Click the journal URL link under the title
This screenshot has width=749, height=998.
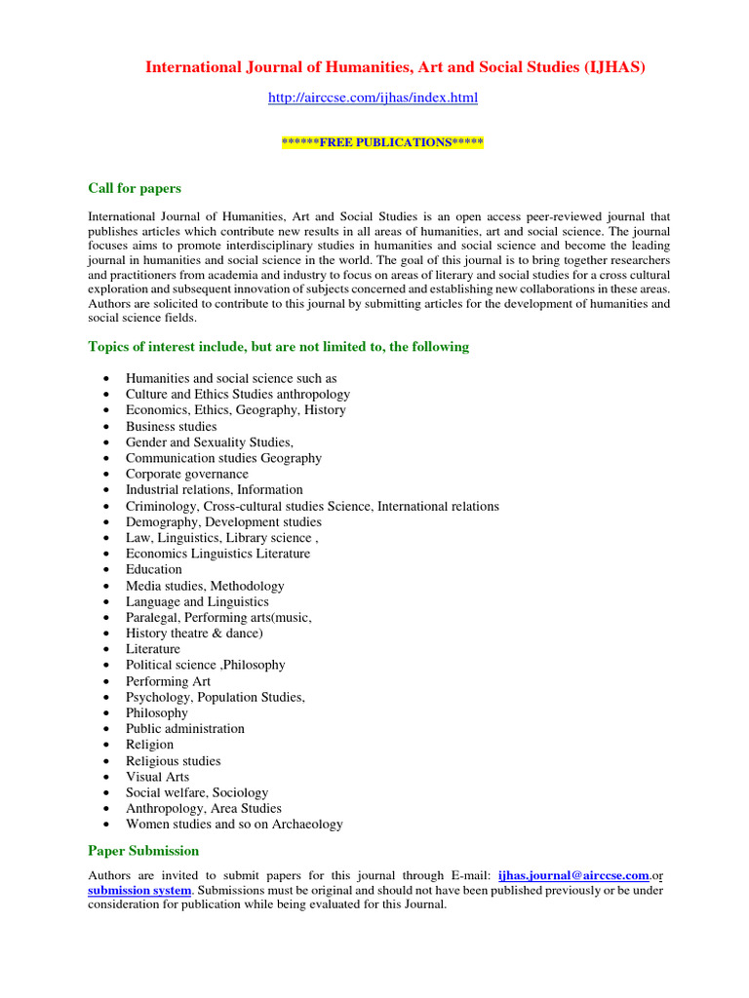tap(373, 98)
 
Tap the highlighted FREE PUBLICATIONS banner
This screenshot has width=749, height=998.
tap(382, 142)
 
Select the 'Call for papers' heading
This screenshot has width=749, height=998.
tap(135, 188)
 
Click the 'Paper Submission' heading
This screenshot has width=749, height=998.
tap(143, 851)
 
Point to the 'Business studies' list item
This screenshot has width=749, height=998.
tap(171, 427)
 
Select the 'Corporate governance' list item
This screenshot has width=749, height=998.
tap(186, 475)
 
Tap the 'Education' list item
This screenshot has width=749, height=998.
tap(153, 570)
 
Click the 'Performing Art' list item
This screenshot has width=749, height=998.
tap(168, 681)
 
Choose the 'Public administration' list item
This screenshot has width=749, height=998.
tap(184, 729)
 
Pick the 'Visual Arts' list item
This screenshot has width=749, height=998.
tap(157, 777)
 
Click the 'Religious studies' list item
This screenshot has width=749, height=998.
tap(173, 761)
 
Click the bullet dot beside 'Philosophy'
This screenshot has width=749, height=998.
tap(104, 713)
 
